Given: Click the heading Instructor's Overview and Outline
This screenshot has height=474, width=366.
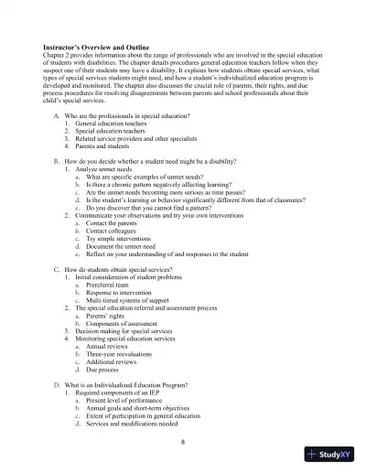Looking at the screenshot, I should tap(95, 46).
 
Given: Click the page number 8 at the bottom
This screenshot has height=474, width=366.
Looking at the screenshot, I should tap(183, 441).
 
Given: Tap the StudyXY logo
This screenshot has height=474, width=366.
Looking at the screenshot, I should tap(335, 454).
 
